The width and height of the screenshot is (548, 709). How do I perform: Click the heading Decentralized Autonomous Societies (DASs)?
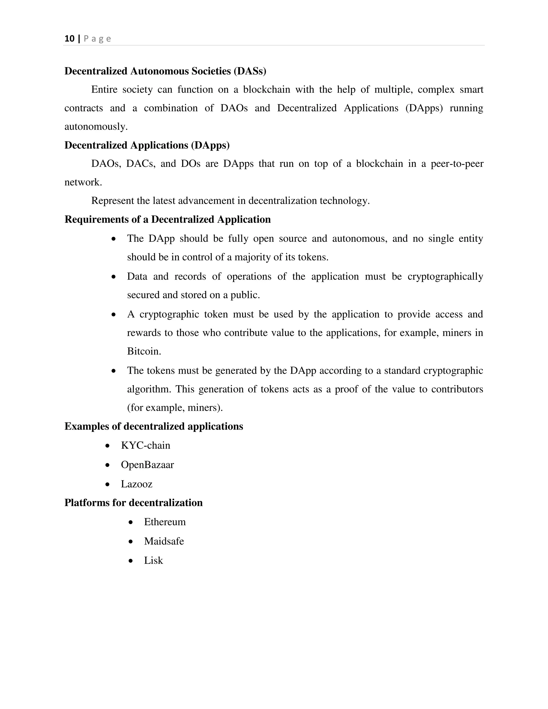pos(165,71)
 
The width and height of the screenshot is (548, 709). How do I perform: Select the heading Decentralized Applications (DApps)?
pos(147,145)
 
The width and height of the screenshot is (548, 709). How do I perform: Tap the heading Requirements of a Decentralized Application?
pos(168,219)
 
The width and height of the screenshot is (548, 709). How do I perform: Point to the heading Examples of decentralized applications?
pos(154,426)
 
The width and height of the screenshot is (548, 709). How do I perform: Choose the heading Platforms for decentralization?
pos(134,502)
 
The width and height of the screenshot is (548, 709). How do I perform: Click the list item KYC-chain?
pos(146,445)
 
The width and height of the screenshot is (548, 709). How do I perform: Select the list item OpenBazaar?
pos(147,465)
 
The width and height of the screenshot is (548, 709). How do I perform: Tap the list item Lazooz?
pos(137,484)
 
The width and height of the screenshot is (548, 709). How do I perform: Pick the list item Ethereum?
pos(165,522)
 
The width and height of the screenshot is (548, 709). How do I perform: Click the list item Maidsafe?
pos(164,541)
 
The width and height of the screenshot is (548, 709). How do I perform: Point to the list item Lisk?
pos(154,560)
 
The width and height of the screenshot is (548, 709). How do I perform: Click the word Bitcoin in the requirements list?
pos(144,351)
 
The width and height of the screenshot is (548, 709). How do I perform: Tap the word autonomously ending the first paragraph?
pos(96,127)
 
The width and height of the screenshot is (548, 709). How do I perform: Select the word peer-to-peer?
pos(457,164)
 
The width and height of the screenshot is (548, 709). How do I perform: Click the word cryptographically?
pos(445,276)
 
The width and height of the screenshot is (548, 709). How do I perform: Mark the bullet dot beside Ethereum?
pos(131,522)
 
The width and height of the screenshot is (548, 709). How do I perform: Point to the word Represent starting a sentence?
pos(112,201)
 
